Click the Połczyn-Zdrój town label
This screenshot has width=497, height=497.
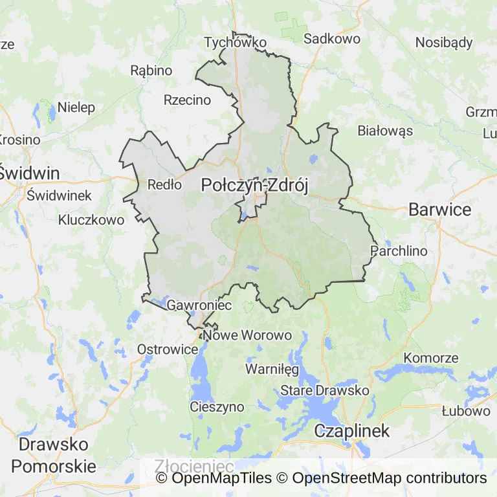[x=254, y=185]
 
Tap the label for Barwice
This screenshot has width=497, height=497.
[x=439, y=210]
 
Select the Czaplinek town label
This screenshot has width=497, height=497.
[x=351, y=431]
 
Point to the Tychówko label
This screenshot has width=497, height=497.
[x=235, y=43]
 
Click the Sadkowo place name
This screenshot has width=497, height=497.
[x=332, y=39]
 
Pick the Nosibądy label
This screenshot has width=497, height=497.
[x=444, y=43]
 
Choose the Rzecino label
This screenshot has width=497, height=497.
[x=187, y=100]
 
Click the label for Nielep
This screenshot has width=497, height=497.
[x=76, y=107]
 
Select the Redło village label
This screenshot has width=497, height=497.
[x=164, y=184]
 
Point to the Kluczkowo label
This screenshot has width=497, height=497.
[x=91, y=220]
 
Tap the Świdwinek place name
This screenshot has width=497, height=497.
[x=60, y=195]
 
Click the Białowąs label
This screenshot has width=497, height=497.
[x=385, y=131]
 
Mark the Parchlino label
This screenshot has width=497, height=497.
[x=399, y=250]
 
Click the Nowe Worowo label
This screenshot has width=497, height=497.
[x=247, y=335]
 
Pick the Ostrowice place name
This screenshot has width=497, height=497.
[x=168, y=349]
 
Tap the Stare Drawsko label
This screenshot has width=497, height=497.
[x=324, y=391]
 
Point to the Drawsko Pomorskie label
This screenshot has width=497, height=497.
[x=54, y=455]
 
